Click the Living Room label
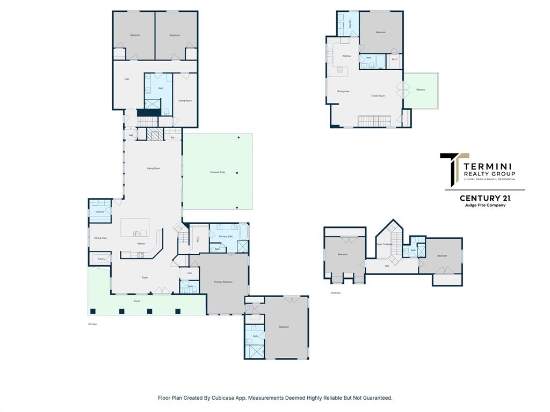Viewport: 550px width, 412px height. pos(154,168)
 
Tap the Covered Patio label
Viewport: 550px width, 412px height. pos(218,172)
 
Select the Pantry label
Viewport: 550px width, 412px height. pos(101,259)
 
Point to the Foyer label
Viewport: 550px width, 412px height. pos(145,277)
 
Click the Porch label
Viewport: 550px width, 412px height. pos(137,301)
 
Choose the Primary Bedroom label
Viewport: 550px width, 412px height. pos(223,282)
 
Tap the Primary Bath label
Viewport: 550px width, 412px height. pos(226,237)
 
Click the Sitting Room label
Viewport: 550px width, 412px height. pos(185,100)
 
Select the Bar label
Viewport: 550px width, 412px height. pos(172,138)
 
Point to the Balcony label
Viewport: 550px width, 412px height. pos(421,90)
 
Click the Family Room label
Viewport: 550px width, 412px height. pos(378,96)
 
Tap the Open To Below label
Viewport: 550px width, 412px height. pos(385,244)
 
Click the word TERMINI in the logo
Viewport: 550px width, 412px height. pos(488,166)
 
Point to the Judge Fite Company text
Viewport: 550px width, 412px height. pos(484,205)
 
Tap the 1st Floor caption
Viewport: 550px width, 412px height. pos(92,324)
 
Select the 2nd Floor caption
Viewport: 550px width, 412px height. pos(336,293)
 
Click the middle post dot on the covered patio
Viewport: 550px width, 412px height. pos(237,173)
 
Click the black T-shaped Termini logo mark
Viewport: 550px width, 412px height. pos(450,170)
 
